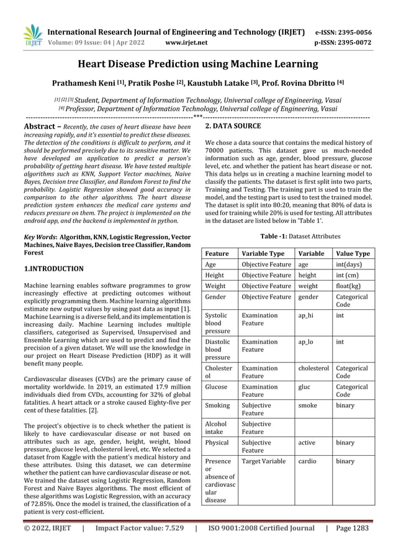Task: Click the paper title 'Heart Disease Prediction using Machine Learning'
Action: click(x=197, y=64)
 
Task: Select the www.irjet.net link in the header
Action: click(x=186, y=43)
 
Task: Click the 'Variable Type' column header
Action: click(x=263, y=253)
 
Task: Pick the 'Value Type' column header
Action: click(x=352, y=253)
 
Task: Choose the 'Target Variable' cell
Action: click(x=264, y=462)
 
